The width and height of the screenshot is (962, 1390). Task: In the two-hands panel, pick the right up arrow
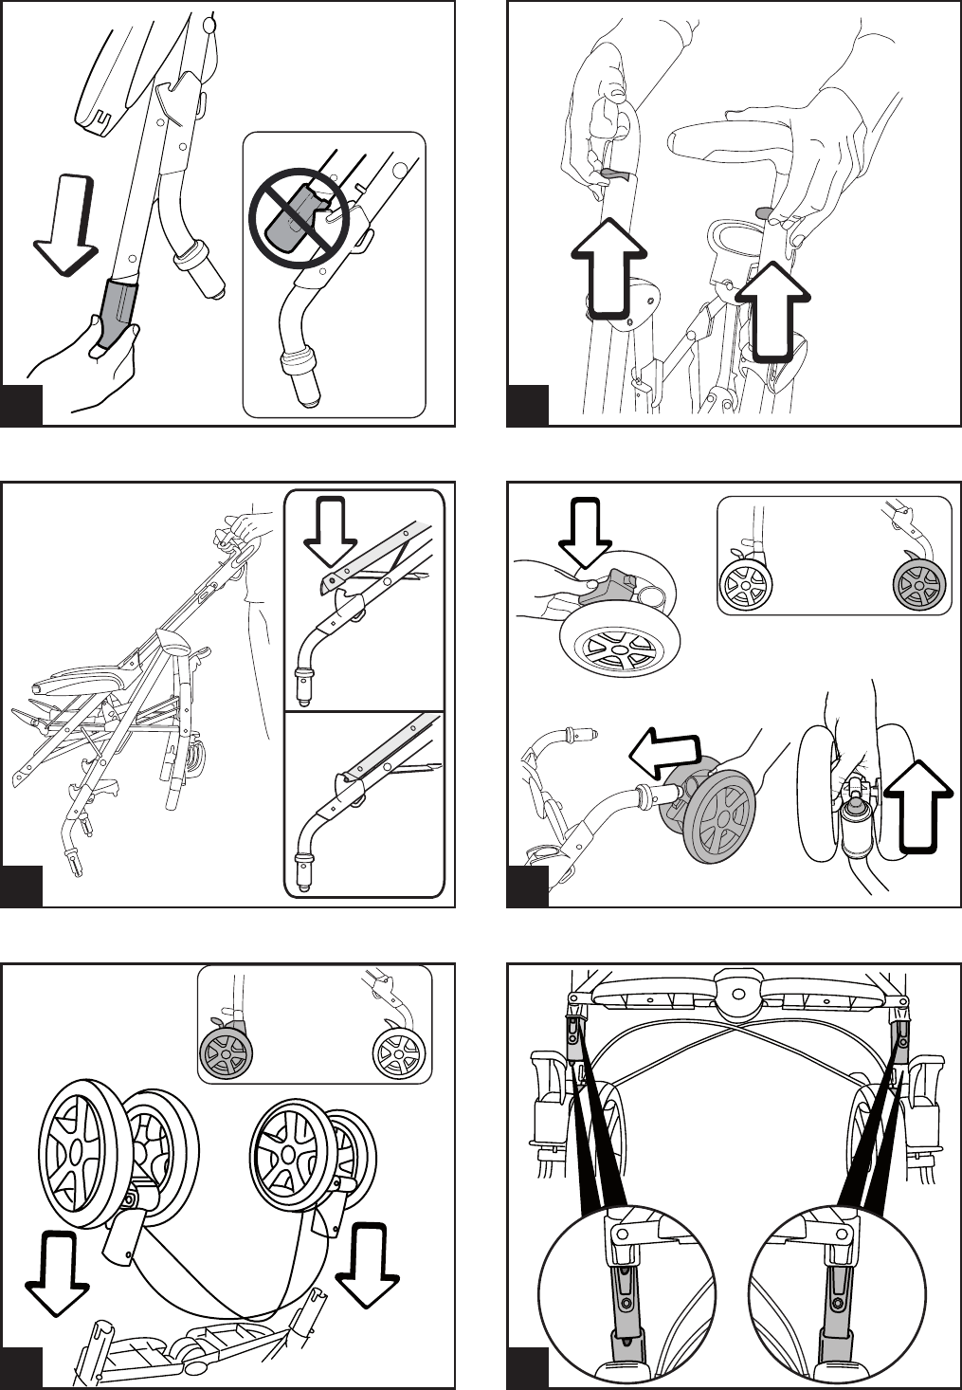[x=773, y=312]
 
